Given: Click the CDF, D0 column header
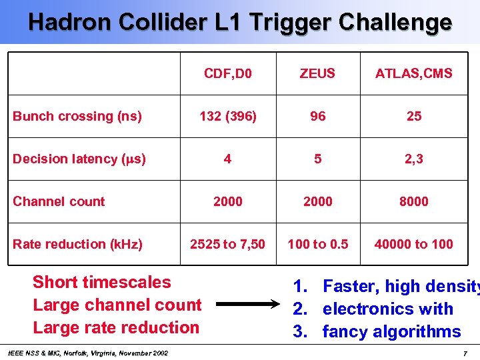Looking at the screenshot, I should coord(228,73).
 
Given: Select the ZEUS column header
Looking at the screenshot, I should coord(317,73).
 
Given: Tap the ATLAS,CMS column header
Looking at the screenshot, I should coord(413,73).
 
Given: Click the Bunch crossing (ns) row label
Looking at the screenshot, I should coord(77,116).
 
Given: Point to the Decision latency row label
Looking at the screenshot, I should coord(79,159).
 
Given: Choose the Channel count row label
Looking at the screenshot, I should coord(59,201).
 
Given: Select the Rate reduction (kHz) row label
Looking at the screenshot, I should coord(77,244).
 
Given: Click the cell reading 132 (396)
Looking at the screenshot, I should coord(228,116).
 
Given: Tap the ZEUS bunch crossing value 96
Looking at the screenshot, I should coord(317,116).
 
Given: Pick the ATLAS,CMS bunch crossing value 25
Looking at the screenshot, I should coord(413,116).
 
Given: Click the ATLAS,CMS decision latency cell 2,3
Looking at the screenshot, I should coord(413,159).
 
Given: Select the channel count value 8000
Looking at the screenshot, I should coord(413,201).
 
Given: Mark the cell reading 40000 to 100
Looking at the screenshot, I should coord(413,244).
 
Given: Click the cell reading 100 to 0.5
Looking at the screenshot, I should coord(317,244).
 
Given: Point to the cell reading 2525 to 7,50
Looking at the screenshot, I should coord(228,244).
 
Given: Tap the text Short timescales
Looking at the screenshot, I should coord(102,282).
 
